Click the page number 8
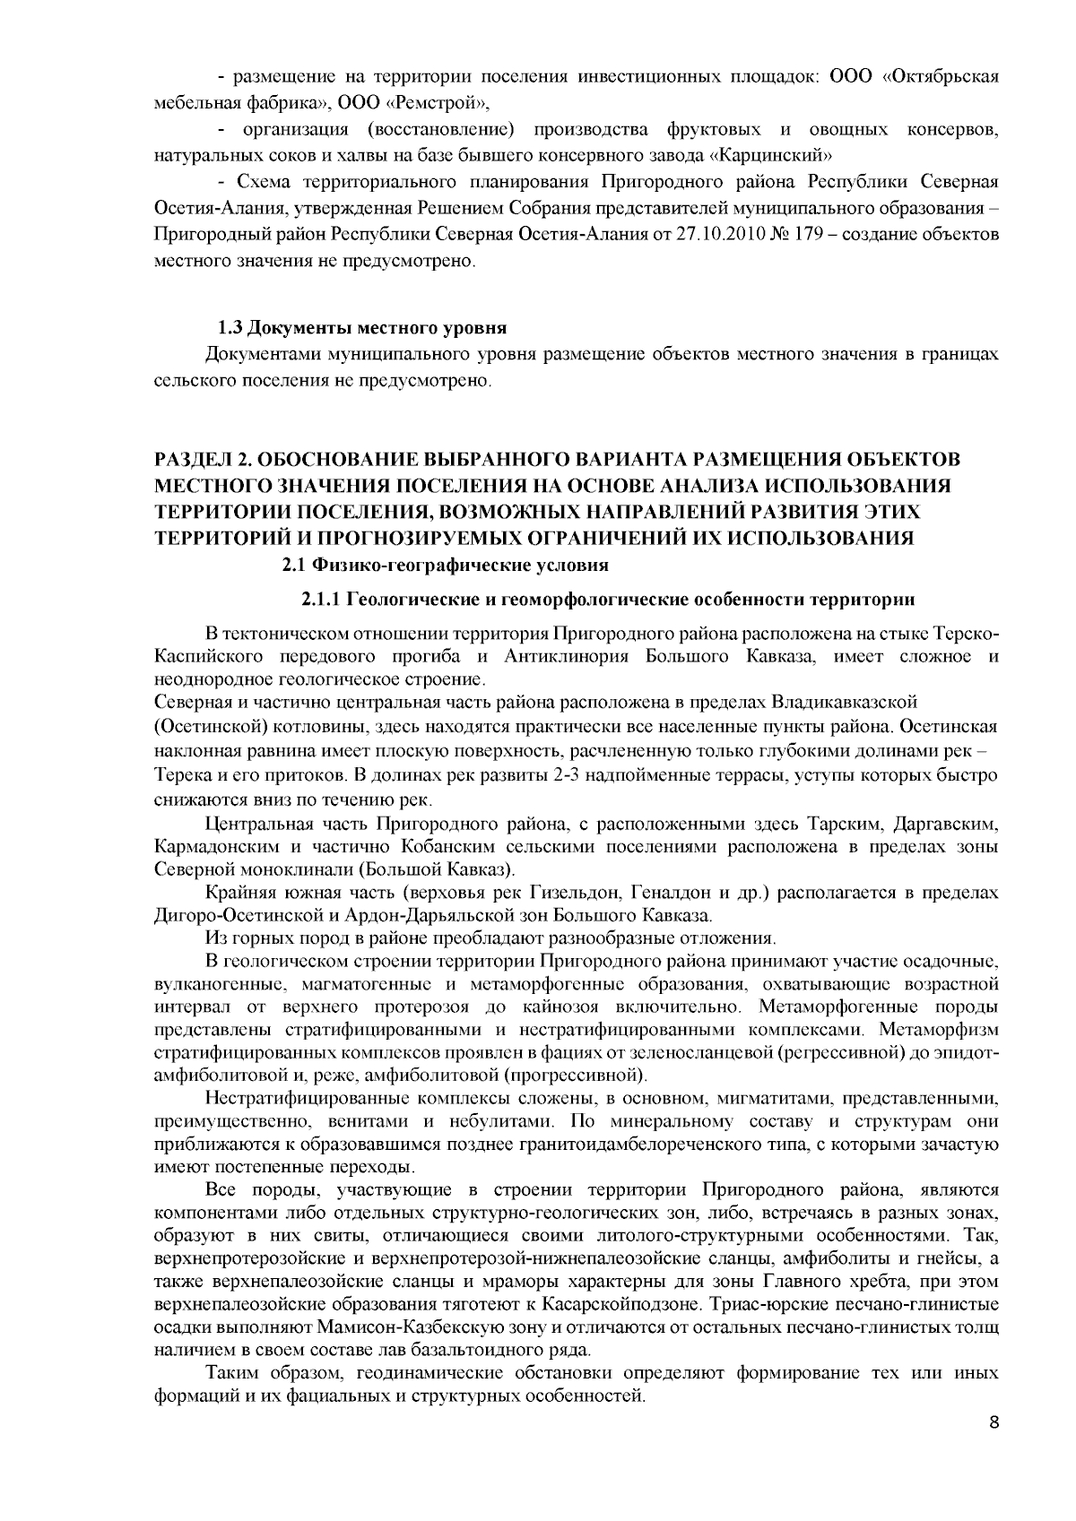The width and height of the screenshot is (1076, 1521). [993, 1448]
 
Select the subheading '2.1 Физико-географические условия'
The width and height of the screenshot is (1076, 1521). [446, 566]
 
